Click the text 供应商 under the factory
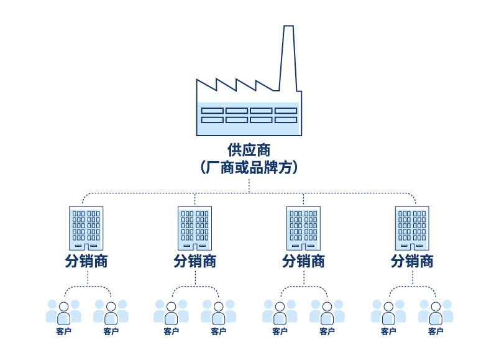click(249, 150)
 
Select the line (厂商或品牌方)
click(249, 167)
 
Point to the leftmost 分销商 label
click(86, 261)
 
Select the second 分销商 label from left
click(195, 261)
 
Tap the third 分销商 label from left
click(304, 261)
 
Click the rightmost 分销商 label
click(413, 261)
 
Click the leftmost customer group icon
click(63, 312)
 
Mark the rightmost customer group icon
click(436, 312)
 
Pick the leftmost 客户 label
click(63, 331)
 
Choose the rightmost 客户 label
click(436, 331)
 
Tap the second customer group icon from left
click(111, 312)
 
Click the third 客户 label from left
click(171, 331)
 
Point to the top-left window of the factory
click(212, 111)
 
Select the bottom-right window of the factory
click(286, 119)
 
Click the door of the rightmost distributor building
click(413, 247)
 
